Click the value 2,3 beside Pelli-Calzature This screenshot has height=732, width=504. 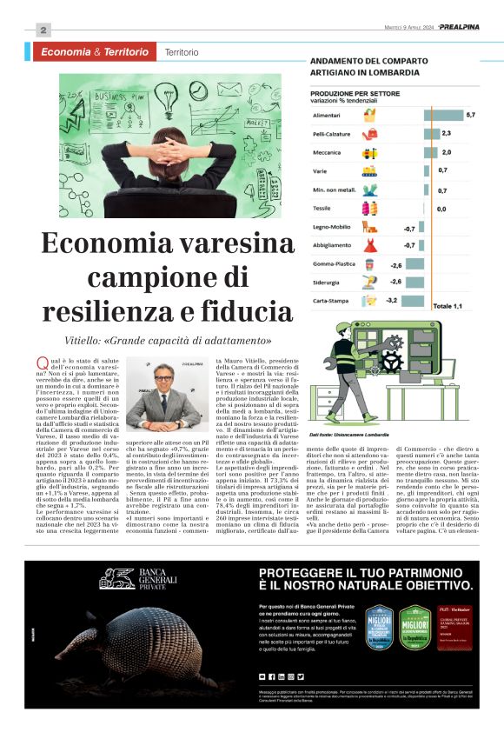[x=446, y=134]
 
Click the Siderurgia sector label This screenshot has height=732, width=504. [x=328, y=282]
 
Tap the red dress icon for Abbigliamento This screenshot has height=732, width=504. [x=370, y=246]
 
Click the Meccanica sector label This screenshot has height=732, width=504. [x=327, y=152]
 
